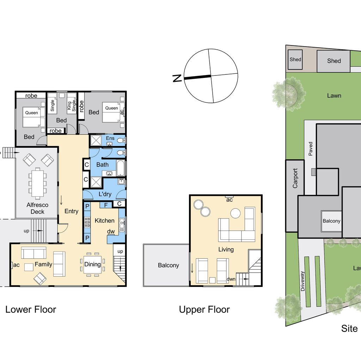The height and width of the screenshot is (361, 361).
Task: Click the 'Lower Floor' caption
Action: click(x=31, y=310)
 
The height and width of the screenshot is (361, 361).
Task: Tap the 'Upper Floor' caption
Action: click(x=204, y=310)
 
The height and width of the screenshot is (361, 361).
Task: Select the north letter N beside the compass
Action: click(x=177, y=78)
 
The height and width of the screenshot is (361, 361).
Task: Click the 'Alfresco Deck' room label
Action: click(x=37, y=208)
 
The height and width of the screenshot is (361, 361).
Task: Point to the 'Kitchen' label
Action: click(x=105, y=220)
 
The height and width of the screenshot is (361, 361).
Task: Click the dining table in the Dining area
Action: click(x=92, y=264)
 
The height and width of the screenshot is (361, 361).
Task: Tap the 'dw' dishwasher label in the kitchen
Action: click(x=111, y=232)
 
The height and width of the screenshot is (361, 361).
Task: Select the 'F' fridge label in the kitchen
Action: click(x=106, y=205)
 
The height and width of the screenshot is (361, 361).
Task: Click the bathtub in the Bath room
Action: click(x=120, y=168)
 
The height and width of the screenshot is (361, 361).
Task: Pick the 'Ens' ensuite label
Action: click(x=110, y=138)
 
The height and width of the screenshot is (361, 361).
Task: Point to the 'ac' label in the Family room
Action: click(x=16, y=265)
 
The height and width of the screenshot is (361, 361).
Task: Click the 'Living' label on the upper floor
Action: click(x=226, y=249)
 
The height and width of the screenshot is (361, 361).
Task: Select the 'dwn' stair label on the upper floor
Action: click(x=231, y=279)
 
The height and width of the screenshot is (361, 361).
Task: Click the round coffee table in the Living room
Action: click(x=235, y=213)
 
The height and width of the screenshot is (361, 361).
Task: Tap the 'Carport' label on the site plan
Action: click(x=295, y=178)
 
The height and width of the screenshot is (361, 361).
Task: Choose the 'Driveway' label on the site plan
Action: click(x=303, y=280)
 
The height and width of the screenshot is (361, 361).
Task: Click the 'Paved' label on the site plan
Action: click(x=311, y=149)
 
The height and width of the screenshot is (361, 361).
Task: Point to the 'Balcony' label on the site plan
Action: click(x=331, y=221)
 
